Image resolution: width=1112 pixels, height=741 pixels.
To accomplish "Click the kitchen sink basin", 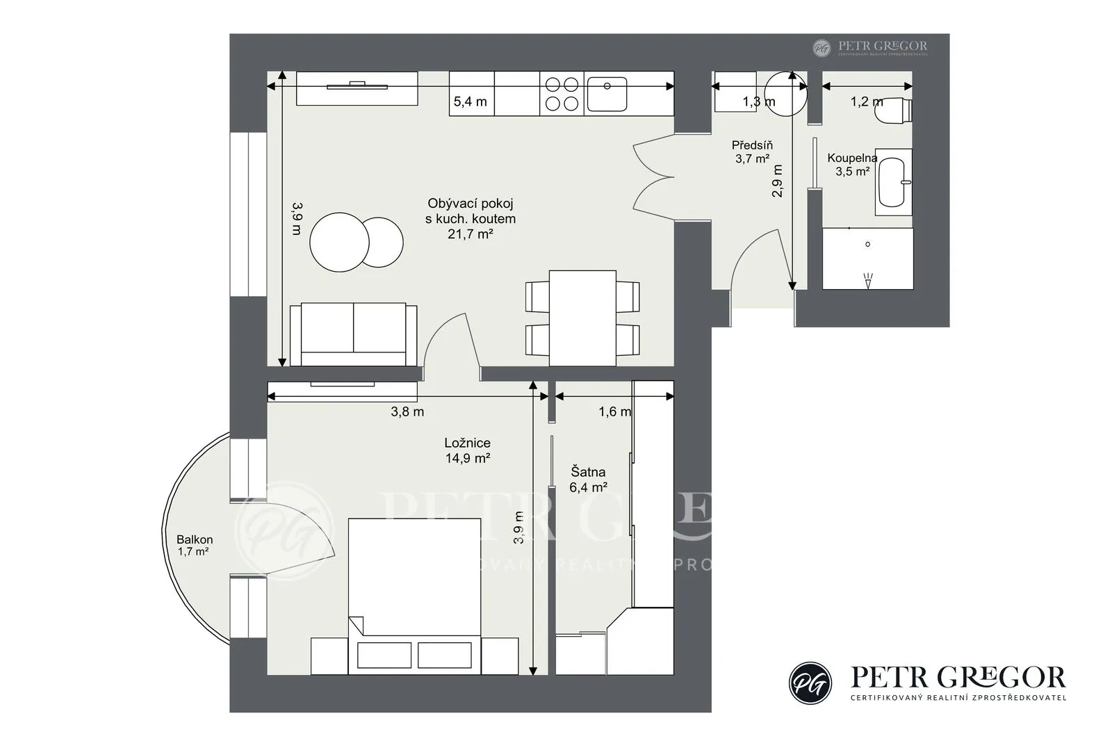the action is point(607,94).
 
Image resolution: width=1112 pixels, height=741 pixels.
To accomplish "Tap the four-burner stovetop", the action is point(562,94).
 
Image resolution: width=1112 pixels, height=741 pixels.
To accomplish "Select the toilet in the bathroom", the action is point(893,110).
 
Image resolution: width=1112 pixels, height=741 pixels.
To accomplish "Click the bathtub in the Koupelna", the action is point(894,182).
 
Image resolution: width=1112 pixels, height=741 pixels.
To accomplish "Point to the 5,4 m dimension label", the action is point(470,101).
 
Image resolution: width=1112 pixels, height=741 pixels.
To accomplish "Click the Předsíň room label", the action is point(752,145).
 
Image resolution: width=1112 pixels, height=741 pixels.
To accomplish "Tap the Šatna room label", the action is point(588,471).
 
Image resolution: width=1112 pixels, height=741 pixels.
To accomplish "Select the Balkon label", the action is point(195,539).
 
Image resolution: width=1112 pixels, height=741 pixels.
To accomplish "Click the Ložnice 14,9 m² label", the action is point(468,450).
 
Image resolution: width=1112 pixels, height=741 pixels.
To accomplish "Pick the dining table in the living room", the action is point(583,318).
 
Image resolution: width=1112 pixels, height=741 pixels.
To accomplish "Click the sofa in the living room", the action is point(354,334).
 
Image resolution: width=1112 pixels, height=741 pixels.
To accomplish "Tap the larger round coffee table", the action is point(340,243).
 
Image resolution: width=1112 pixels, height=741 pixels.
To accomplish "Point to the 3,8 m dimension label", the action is point(407,412).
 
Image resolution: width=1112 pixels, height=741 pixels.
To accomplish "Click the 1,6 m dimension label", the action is point(614,412).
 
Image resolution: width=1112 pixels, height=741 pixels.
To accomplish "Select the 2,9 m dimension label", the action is point(778,181).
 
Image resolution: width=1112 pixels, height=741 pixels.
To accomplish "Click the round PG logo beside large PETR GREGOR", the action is point(810,683).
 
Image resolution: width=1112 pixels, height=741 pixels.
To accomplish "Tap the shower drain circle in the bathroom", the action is point(868,245).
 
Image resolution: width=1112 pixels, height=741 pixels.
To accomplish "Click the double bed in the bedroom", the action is point(414,596).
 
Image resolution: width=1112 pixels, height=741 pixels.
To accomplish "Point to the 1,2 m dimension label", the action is point(867,101).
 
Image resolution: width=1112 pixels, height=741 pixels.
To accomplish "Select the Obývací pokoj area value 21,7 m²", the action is point(470,234).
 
